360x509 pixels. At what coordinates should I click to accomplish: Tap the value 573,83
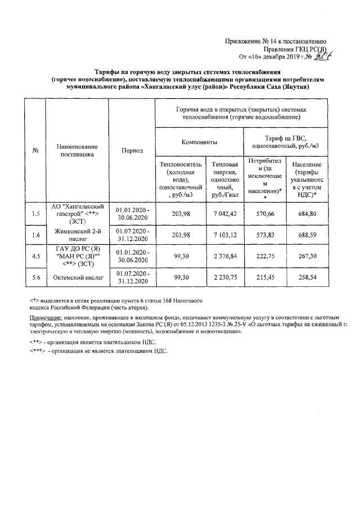tap(264, 235)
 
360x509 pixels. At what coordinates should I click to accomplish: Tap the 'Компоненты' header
tap(198, 142)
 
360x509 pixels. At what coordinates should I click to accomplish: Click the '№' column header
tap(36, 151)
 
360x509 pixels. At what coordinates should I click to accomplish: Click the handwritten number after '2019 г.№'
tap(321, 56)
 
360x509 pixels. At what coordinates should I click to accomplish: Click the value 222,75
tap(264, 256)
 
